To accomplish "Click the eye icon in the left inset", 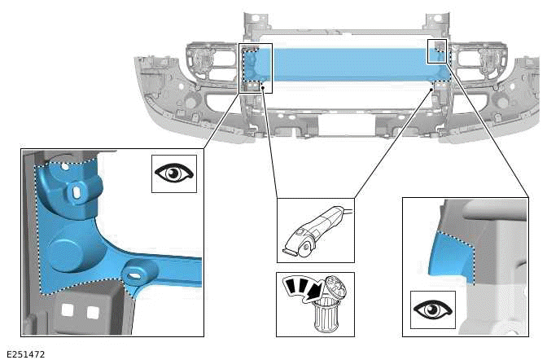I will coord(174,173).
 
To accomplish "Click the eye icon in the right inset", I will coord(432,310).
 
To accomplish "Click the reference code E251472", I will coord(25,353).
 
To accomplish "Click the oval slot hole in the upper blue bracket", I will coord(77,191).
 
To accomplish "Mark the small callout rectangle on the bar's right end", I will coord(438,50).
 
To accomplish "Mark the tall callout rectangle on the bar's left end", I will coord(256,68).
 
